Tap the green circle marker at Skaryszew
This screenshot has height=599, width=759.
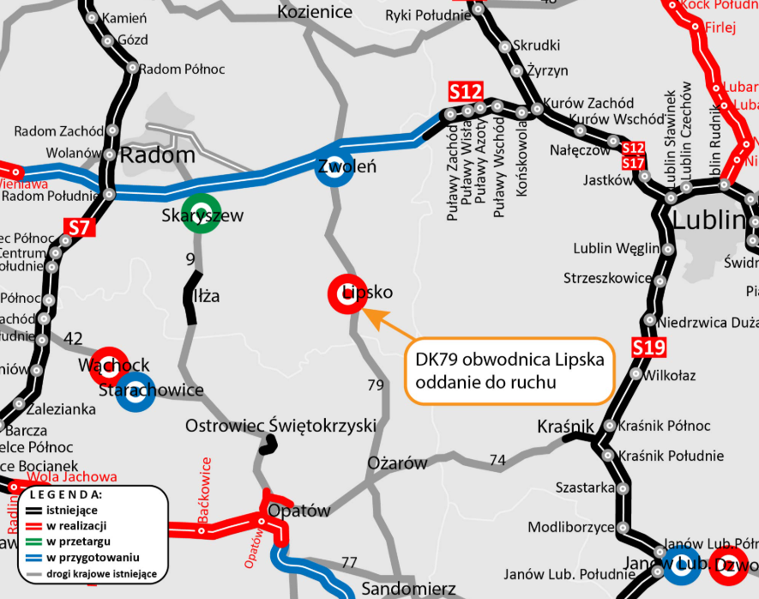click(x=202, y=213)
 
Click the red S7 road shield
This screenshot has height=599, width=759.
click(x=79, y=228)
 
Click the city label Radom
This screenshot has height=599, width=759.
click(x=158, y=155)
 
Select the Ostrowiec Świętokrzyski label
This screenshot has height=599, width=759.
click(x=281, y=426)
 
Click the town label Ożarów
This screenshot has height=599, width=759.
click(x=397, y=463)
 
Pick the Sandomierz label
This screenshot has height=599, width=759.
click(x=408, y=589)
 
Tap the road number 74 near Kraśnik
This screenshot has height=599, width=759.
click(x=497, y=461)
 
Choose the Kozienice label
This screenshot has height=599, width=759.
click(x=315, y=12)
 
